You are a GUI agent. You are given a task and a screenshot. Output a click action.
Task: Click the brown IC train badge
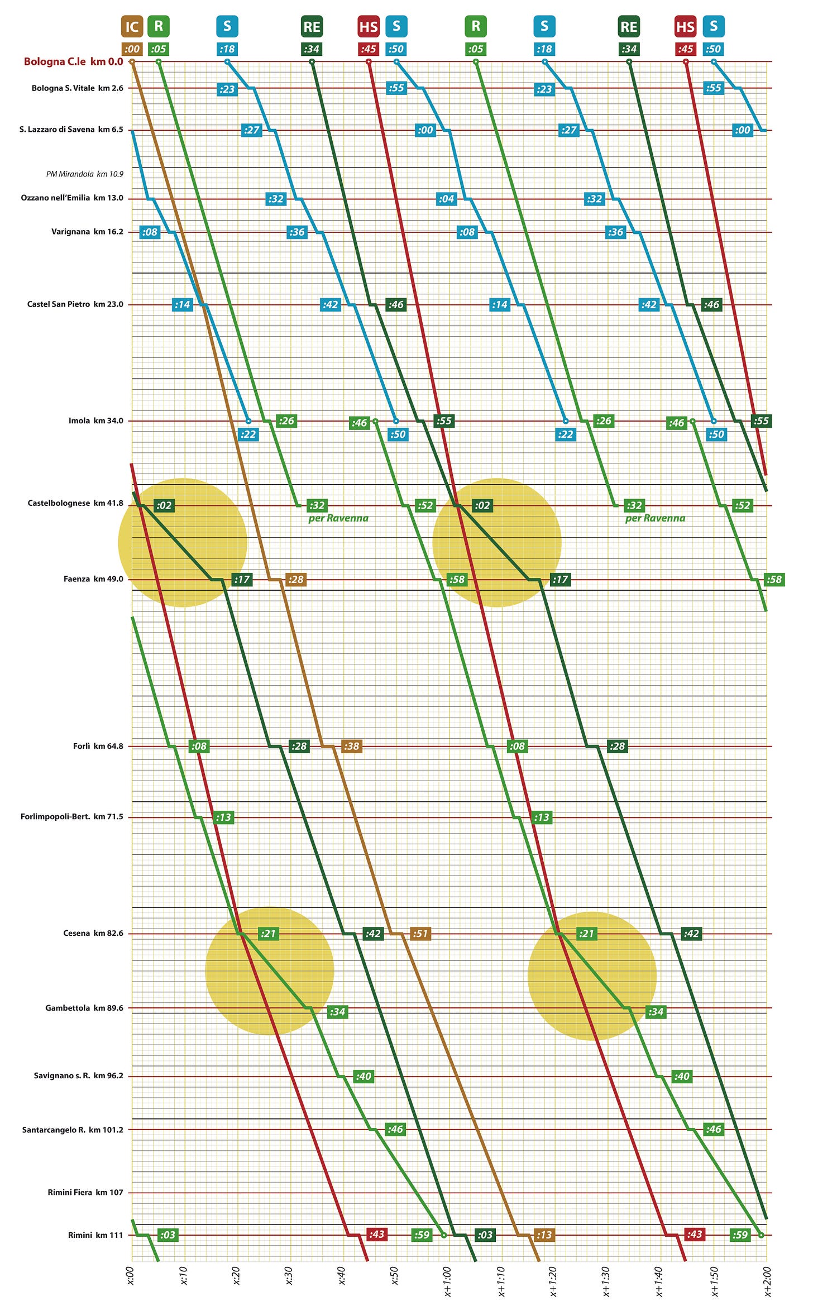click(132, 26)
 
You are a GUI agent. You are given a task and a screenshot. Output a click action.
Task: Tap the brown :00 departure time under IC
click(132, 49)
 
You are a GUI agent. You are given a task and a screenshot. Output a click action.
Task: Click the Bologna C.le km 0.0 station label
click(73, 61)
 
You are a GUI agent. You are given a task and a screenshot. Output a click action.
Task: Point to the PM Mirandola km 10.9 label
click(84, 174)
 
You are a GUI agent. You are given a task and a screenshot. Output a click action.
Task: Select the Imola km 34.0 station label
click(95, 420)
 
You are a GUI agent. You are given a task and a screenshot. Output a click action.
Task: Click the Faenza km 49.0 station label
click(93, 579)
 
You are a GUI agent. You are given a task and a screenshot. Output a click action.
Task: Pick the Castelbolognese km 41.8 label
click(75, 503)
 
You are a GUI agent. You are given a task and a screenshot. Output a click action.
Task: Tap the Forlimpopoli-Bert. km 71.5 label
click(71, 817)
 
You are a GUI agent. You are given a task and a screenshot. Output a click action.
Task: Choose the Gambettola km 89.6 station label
click(84, 1008)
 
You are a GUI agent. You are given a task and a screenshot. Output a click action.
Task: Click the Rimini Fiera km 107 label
click(85, 1192)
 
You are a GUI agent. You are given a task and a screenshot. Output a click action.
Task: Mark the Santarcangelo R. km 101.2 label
click(73, 1130)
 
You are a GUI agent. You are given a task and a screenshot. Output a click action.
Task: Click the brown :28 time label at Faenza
click(296, 580)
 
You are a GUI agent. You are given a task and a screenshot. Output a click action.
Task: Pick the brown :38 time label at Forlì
click(351, 746)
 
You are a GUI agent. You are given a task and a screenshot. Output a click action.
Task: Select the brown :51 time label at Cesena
click(420, 934)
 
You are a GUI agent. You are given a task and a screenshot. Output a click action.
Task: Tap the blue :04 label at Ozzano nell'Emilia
click(446, 199)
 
